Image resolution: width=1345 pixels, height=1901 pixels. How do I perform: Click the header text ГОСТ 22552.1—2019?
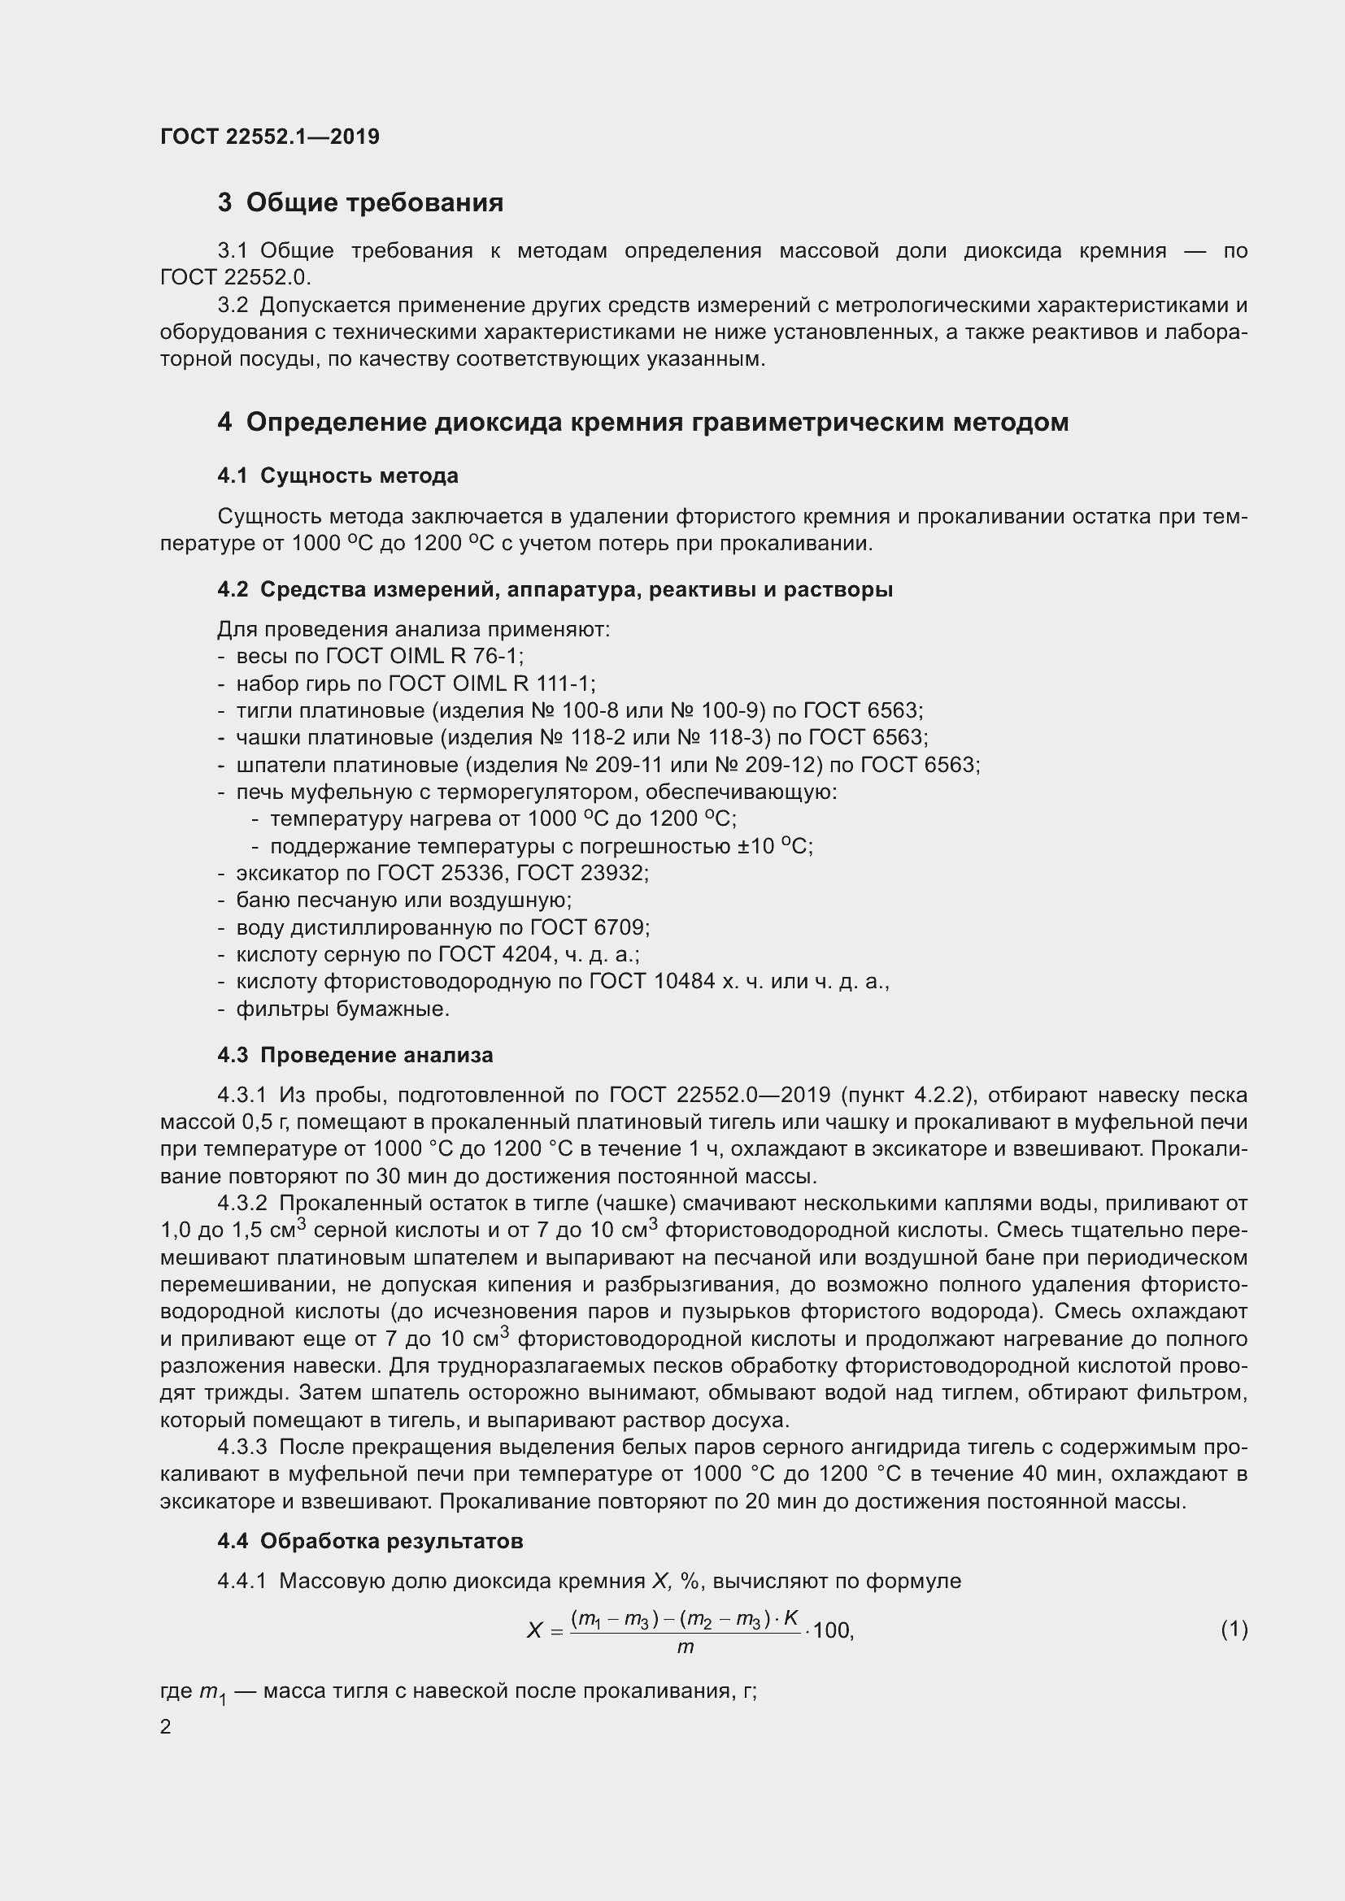[x=270, y=137]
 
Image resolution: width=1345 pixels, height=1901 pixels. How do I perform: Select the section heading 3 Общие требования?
[x=360, y=203]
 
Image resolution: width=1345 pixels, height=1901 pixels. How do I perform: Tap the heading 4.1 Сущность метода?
[x=338, y=476]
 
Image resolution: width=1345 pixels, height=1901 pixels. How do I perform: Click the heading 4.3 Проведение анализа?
[x=355, y=1056]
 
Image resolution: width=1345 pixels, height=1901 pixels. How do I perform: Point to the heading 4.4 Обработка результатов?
[x=370, y=1542]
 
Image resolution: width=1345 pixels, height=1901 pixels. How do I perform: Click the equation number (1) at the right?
[x=1234, y=1630]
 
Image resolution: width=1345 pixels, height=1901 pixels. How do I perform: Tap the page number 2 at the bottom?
[x=166, y=1727]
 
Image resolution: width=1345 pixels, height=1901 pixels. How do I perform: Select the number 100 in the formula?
[x=833, y=1631]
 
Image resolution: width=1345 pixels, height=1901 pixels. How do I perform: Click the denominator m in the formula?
[x=685, y=1647]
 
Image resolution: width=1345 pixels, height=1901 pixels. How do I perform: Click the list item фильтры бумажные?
[x=343, y=1009]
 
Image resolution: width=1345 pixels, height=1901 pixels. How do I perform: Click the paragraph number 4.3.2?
[x=242, y=1203]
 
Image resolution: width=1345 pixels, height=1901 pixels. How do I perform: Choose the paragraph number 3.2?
[x=233, y=306]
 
